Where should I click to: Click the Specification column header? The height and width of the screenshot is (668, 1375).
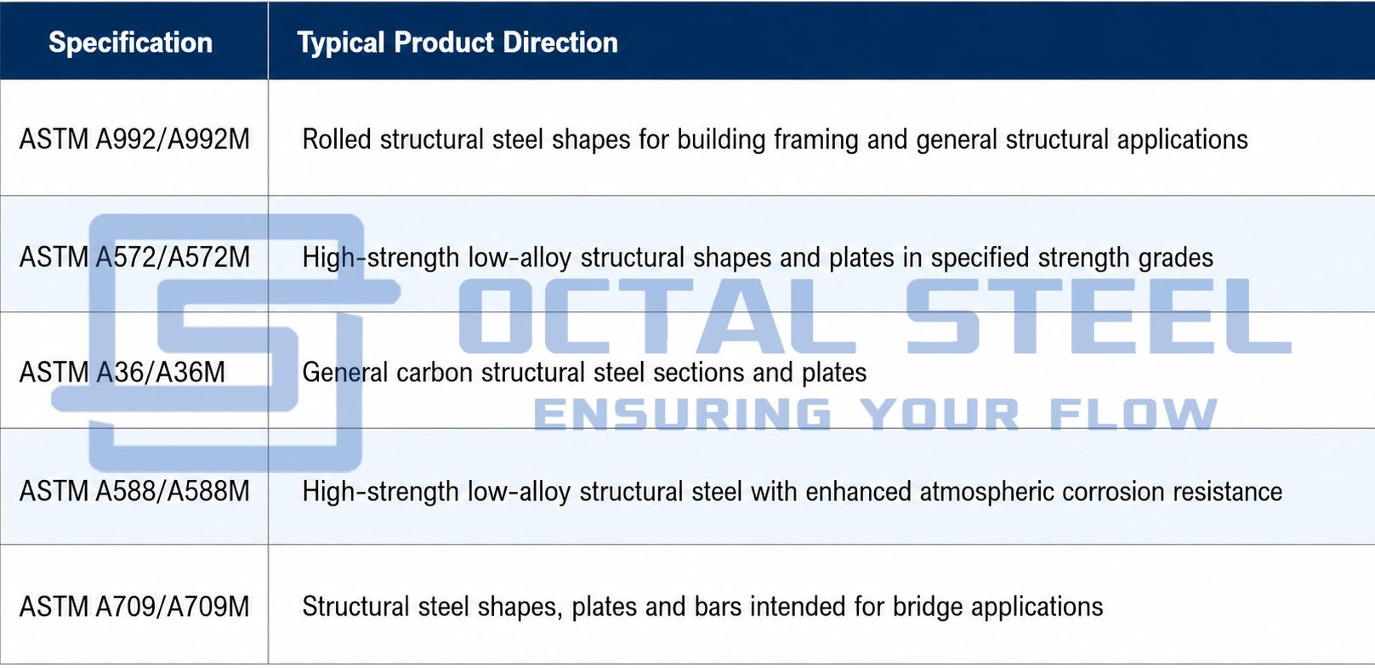click(131, 43)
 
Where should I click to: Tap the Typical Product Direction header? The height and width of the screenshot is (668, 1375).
click(457, 43)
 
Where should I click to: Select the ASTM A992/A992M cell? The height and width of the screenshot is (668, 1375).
click(134, 139)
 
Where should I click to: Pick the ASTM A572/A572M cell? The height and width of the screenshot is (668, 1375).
click(134, 257)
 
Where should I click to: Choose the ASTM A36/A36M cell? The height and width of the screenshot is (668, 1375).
click(122, 373)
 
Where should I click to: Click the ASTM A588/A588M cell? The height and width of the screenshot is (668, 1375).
click(134, 491)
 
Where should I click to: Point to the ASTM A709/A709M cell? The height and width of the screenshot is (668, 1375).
click(134, 607)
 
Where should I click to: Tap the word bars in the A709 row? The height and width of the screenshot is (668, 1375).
click(719, 607)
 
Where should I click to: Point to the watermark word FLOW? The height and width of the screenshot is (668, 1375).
click(1134, 414)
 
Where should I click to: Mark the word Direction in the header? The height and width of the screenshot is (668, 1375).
click(560, 43)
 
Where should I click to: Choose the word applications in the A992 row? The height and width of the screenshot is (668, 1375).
click(1182, 140)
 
